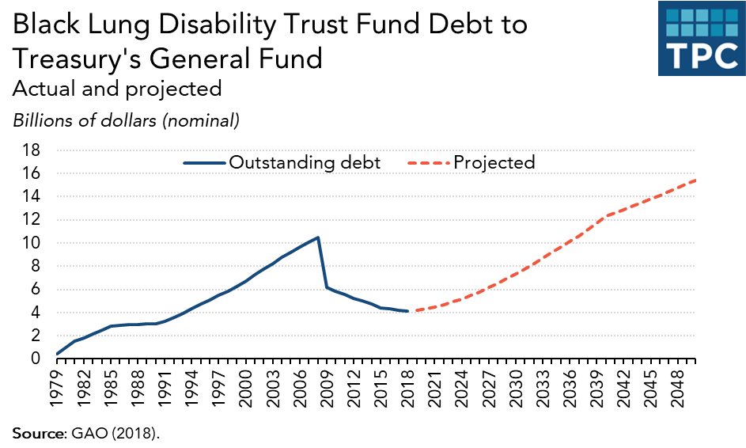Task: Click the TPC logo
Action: coord(701,38)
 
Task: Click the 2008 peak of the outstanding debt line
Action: coord(317,237)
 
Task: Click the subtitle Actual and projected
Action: coord(116,89)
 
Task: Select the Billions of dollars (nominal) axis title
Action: coord(125,121)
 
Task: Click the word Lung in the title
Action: coord(110,25)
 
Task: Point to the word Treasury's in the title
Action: coord(83,58)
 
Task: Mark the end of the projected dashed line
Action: coord(695,180)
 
